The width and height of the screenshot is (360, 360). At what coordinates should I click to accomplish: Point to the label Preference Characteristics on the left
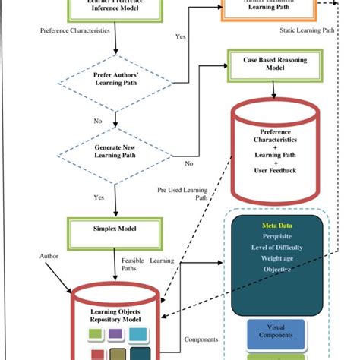point(74,31)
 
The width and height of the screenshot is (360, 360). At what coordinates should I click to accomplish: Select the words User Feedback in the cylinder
point(275,170)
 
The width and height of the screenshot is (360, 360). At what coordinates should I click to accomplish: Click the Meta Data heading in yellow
point(276,225)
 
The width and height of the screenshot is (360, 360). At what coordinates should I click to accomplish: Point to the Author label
point(49,256)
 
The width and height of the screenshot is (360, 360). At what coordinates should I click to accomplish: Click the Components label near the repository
point(201,339)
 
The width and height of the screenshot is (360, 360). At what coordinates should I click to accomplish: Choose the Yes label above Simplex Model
point(99,197)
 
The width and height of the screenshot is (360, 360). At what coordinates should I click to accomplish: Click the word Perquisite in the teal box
point(276,237)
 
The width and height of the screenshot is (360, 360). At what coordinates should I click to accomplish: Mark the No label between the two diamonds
point(97,120)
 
